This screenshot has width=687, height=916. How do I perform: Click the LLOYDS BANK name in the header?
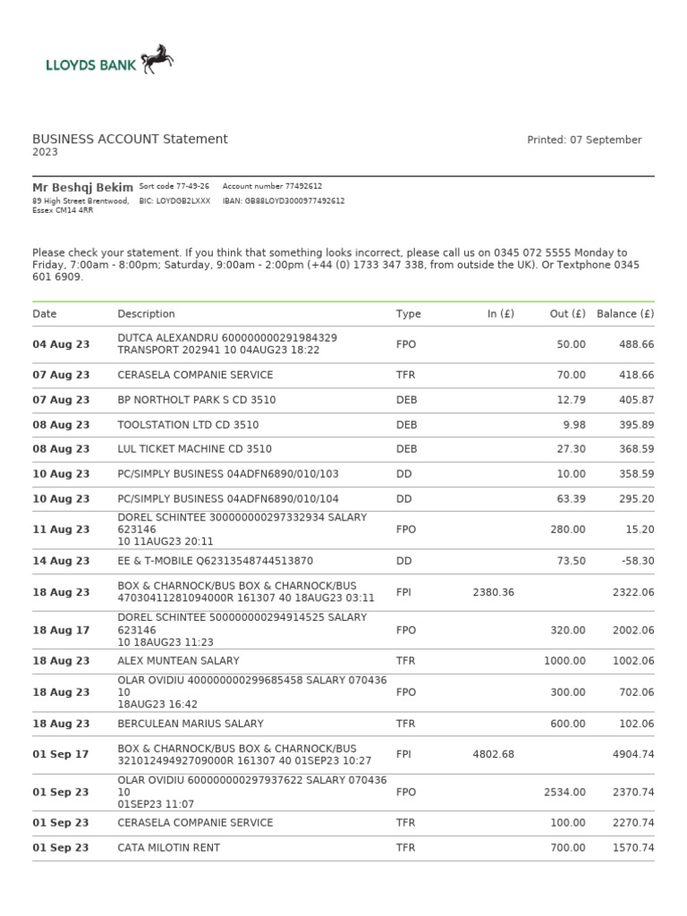[x=90, y=64]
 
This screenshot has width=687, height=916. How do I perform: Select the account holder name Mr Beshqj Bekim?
[x=82, y=187]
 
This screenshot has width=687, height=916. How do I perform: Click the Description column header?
[x=146, y=314]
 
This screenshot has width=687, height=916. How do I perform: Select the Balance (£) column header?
[x=625, y=314]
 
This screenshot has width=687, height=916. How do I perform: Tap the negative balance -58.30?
[x=637, y=561]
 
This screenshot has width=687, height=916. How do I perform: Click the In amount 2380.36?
[x=493, y=592]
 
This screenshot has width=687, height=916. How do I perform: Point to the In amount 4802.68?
[x=493, y=754]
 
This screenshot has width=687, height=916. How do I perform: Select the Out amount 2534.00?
[x=564, y=792]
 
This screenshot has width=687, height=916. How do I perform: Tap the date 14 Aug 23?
[x=61, y=561]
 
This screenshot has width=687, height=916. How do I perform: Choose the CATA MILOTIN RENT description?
[x=168, y=847]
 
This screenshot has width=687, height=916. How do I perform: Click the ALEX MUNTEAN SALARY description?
[x=178, y=661]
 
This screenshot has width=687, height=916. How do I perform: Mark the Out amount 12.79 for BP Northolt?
[x=570, y=400]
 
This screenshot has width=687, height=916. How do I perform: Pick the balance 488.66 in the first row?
[x=637, y=344]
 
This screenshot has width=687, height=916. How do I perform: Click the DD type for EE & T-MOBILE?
[x=404, y=561]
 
